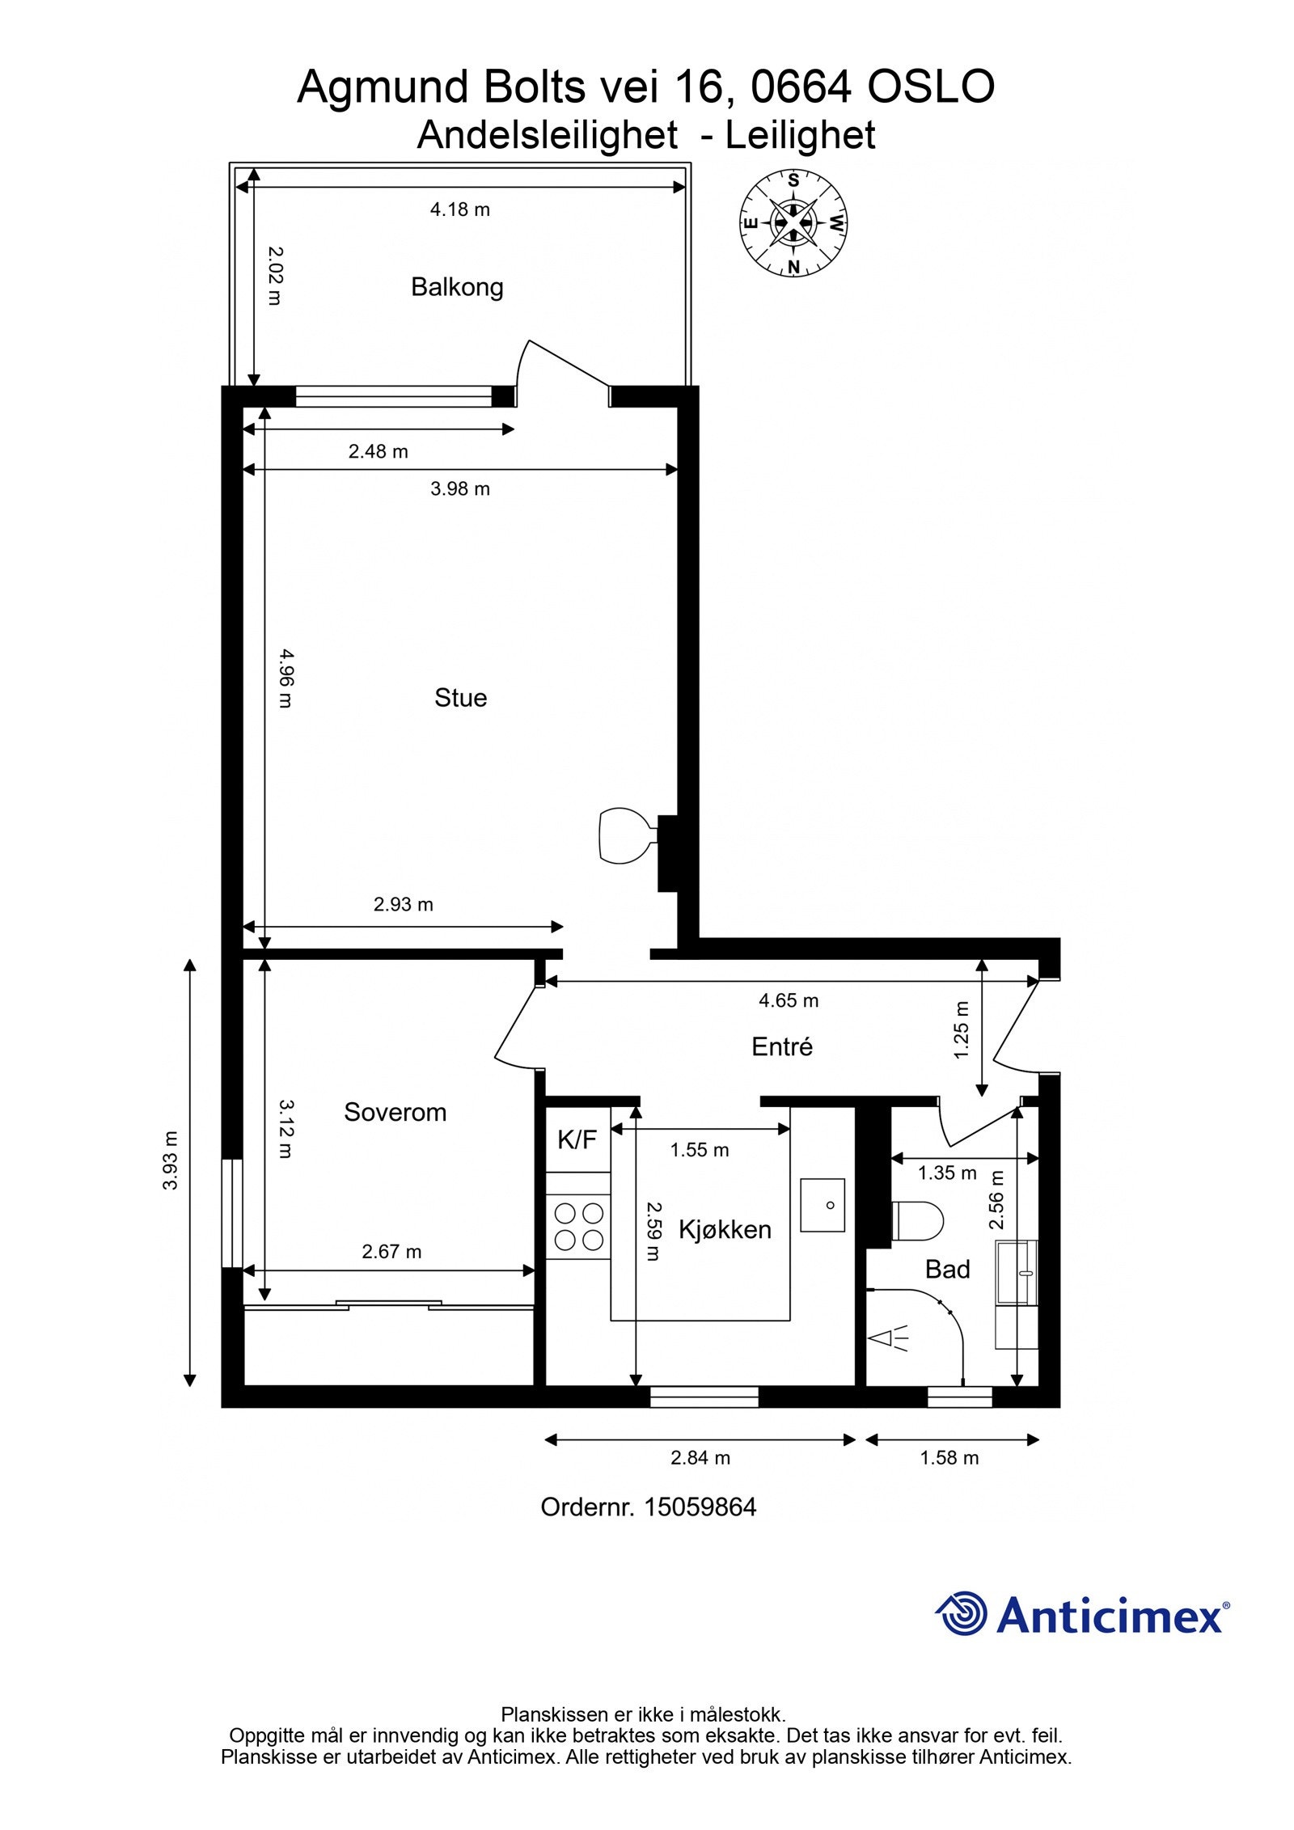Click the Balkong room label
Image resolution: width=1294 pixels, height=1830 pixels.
(x=457, y=287)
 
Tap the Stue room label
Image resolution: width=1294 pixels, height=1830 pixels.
(x=460, y=698)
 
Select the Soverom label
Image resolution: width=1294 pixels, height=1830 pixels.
(x=395, y=1112)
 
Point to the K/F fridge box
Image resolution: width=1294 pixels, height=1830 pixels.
(x=577, y=1139)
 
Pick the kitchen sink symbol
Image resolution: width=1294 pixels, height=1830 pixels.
(x=822, y=1205)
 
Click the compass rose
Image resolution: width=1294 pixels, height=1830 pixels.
(x=793, y=222)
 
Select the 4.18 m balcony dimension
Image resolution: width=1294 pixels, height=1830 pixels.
(x=459, y=209)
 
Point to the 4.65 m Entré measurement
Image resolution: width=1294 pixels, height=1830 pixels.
(x=788, y=1000)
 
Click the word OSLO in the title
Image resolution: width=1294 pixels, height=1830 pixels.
(x=930, y=87)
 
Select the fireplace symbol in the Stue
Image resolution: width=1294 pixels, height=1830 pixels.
(x=627, y=835)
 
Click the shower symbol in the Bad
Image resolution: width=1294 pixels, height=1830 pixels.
(x=888, y=1338)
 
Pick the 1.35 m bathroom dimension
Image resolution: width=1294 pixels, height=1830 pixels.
(x=946, y=1173)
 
